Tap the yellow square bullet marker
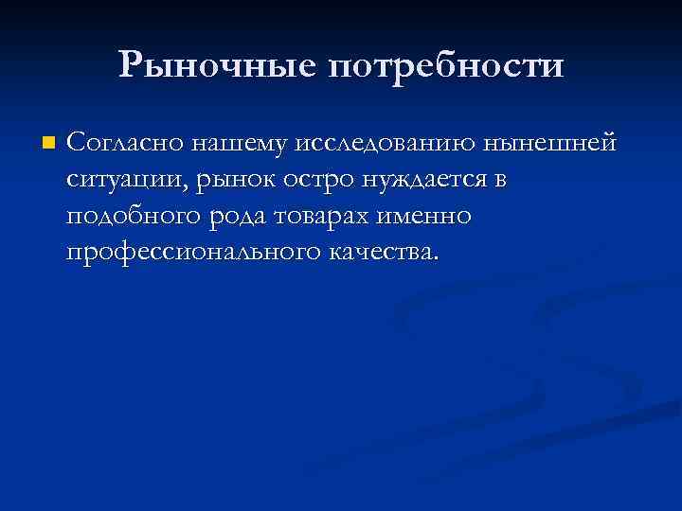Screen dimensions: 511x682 (x=49, y=145)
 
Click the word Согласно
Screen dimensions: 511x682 (x=123, y=144)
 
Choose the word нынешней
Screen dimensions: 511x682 (x=549, y=145)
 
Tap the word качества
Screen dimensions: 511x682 (x=383, y=253)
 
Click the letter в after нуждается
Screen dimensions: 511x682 (x=501, y=181)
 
